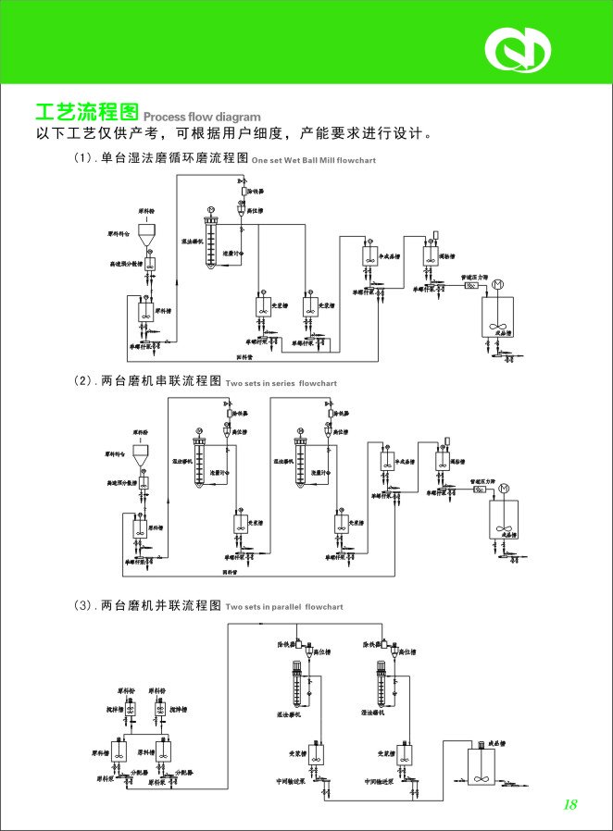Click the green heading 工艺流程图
pos(86,114)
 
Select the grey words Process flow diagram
pos(202,118)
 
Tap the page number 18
pos(569,804)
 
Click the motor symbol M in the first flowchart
pos(498,283)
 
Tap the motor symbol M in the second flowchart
pos(504,489)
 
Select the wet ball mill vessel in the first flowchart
pos(212,245)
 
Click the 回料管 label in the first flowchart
pos(244,355)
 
